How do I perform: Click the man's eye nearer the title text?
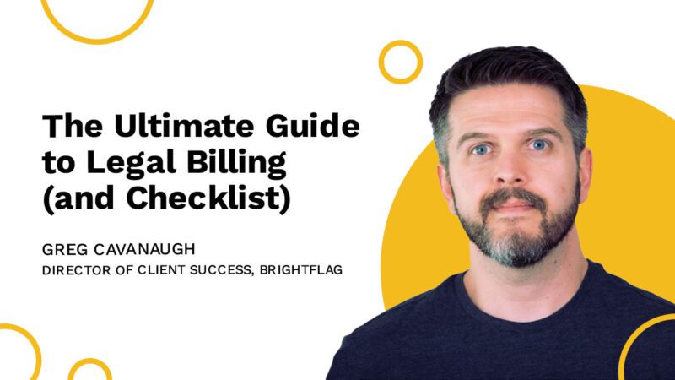[478, 149]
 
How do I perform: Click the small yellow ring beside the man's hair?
[400, 62]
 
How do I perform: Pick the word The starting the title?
[67, 127]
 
